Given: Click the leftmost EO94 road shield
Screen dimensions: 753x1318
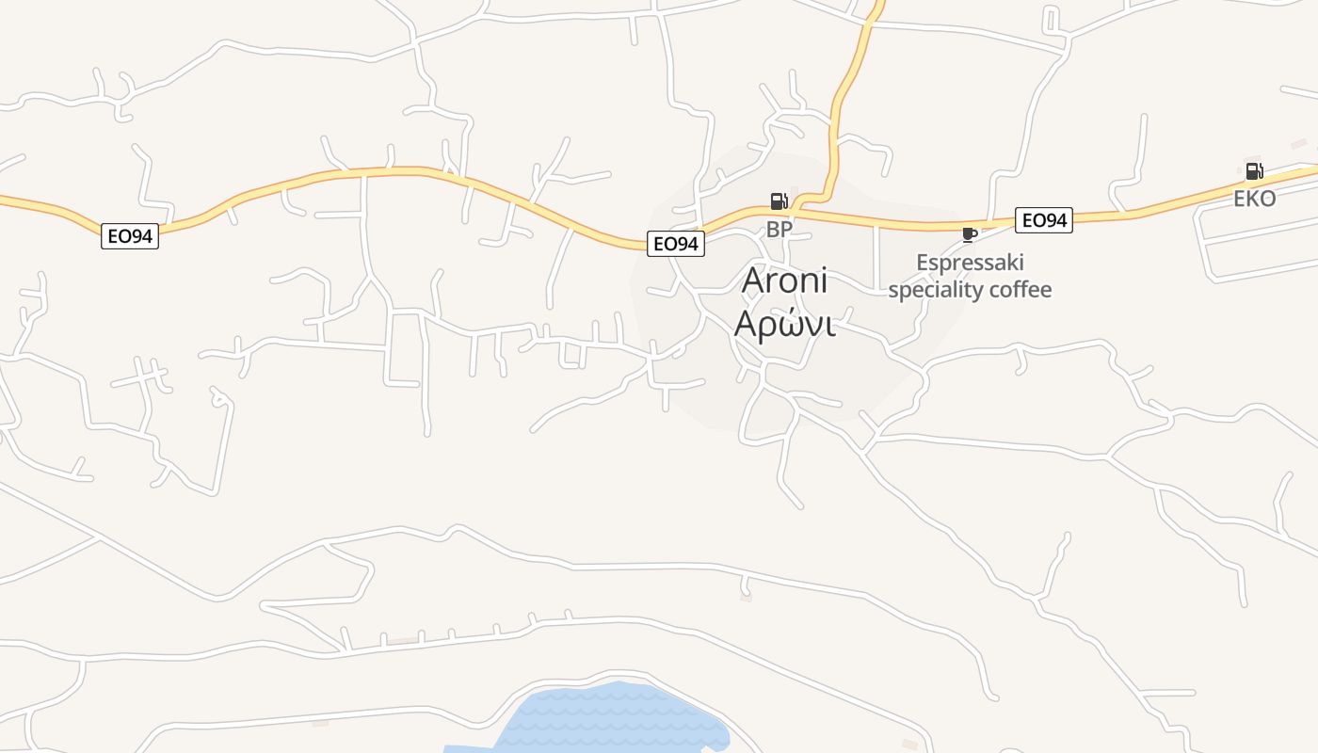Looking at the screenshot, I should [x=130, y=236].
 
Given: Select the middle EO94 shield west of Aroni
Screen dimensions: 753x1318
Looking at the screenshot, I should [x=676, y=244].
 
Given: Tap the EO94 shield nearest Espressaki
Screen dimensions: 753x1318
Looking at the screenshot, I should [x=1044, y=220].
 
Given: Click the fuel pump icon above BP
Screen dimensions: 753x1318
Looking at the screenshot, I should [x=779, y=200].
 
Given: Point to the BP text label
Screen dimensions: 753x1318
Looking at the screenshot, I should [x=780, y=229].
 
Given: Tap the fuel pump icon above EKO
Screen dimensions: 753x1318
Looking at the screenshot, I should [x=1254, y=171].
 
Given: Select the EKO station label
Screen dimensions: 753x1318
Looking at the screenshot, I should [x=1254, y=199].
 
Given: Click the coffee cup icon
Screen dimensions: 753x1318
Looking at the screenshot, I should [x=969, y=234].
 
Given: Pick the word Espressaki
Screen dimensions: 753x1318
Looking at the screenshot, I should [x=970, y=262].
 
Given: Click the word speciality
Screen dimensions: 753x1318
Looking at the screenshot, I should [x=935, y=289].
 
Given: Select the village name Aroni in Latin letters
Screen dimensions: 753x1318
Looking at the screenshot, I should [x=784, y=280].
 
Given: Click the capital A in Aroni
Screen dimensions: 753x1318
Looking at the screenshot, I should [x=755, y=280].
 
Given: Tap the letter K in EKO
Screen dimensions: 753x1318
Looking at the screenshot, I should [x=1254, y=199].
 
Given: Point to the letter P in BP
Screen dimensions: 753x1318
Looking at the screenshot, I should [x=787, y=229].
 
